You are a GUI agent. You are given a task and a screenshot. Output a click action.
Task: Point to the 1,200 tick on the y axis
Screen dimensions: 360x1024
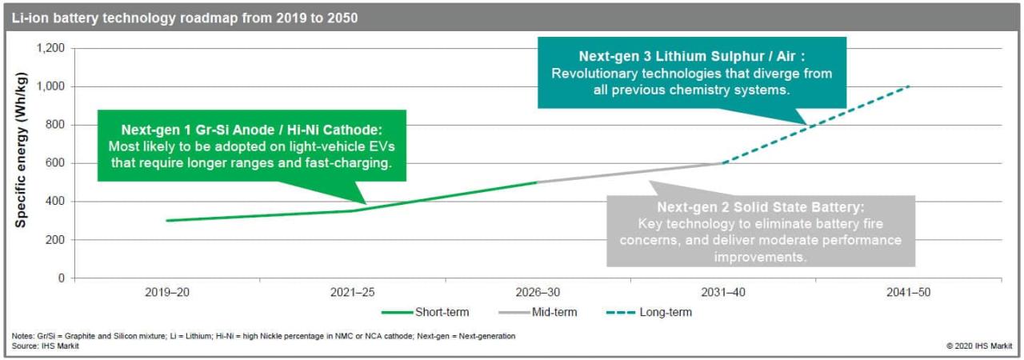[50, 48]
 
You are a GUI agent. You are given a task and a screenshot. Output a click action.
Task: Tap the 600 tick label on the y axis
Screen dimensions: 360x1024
[54, 163]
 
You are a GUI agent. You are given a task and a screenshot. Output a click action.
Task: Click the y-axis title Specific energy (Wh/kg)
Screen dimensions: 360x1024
[22, 150]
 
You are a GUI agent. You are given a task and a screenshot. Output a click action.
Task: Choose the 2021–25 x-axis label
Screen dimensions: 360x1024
[352, 294]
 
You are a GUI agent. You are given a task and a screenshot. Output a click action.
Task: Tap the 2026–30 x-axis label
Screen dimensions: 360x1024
[538, 294]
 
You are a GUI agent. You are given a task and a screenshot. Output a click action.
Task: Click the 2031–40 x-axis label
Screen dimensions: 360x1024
[723, 294]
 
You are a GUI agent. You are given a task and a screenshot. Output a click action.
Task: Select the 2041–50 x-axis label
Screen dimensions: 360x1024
[909, 294]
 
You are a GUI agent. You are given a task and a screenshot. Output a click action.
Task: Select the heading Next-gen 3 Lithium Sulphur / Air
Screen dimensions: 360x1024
[691, 57]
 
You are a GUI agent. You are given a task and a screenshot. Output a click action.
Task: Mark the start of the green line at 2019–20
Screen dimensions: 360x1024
[167, 220]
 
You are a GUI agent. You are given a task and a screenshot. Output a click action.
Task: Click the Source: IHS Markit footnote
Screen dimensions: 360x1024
[50, 346]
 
